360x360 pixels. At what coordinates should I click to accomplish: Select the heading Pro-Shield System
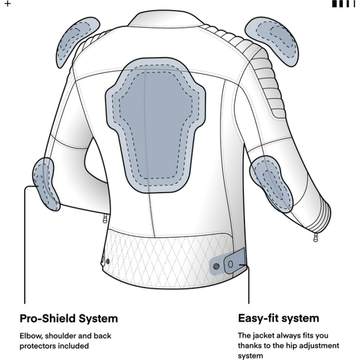tap(69, 319)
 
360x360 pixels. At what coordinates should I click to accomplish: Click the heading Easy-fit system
tap(278, 318)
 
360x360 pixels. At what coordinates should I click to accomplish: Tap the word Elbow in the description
tap(29, 336)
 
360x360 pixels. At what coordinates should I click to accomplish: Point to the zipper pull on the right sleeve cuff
tap(314, 236)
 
